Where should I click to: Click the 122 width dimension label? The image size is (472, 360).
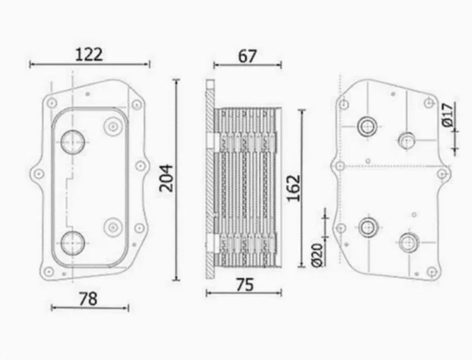click(89, 54)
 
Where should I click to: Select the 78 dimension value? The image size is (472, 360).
click(88, 299)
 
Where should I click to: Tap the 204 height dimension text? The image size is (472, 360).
click(166, 179)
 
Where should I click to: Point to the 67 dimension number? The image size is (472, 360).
click(247, 56)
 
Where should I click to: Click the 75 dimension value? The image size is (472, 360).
click(244, 285)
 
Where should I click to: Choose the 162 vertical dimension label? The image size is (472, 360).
click(294, 187)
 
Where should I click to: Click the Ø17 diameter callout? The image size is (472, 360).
click(447, 115)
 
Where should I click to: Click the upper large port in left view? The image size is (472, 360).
click(73, 141)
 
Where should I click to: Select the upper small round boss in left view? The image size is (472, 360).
click(112, 126)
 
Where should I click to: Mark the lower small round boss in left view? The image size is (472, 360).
click(112, 226)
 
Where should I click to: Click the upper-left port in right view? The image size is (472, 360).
click(367, 126)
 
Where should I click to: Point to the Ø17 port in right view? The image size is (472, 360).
click(406, 141)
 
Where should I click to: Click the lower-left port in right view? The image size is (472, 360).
click(367, 227)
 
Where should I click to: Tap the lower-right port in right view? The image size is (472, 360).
click(408, 242)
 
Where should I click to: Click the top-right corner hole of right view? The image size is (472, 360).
click(429, 103)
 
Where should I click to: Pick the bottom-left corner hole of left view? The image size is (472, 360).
click(49, 271)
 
